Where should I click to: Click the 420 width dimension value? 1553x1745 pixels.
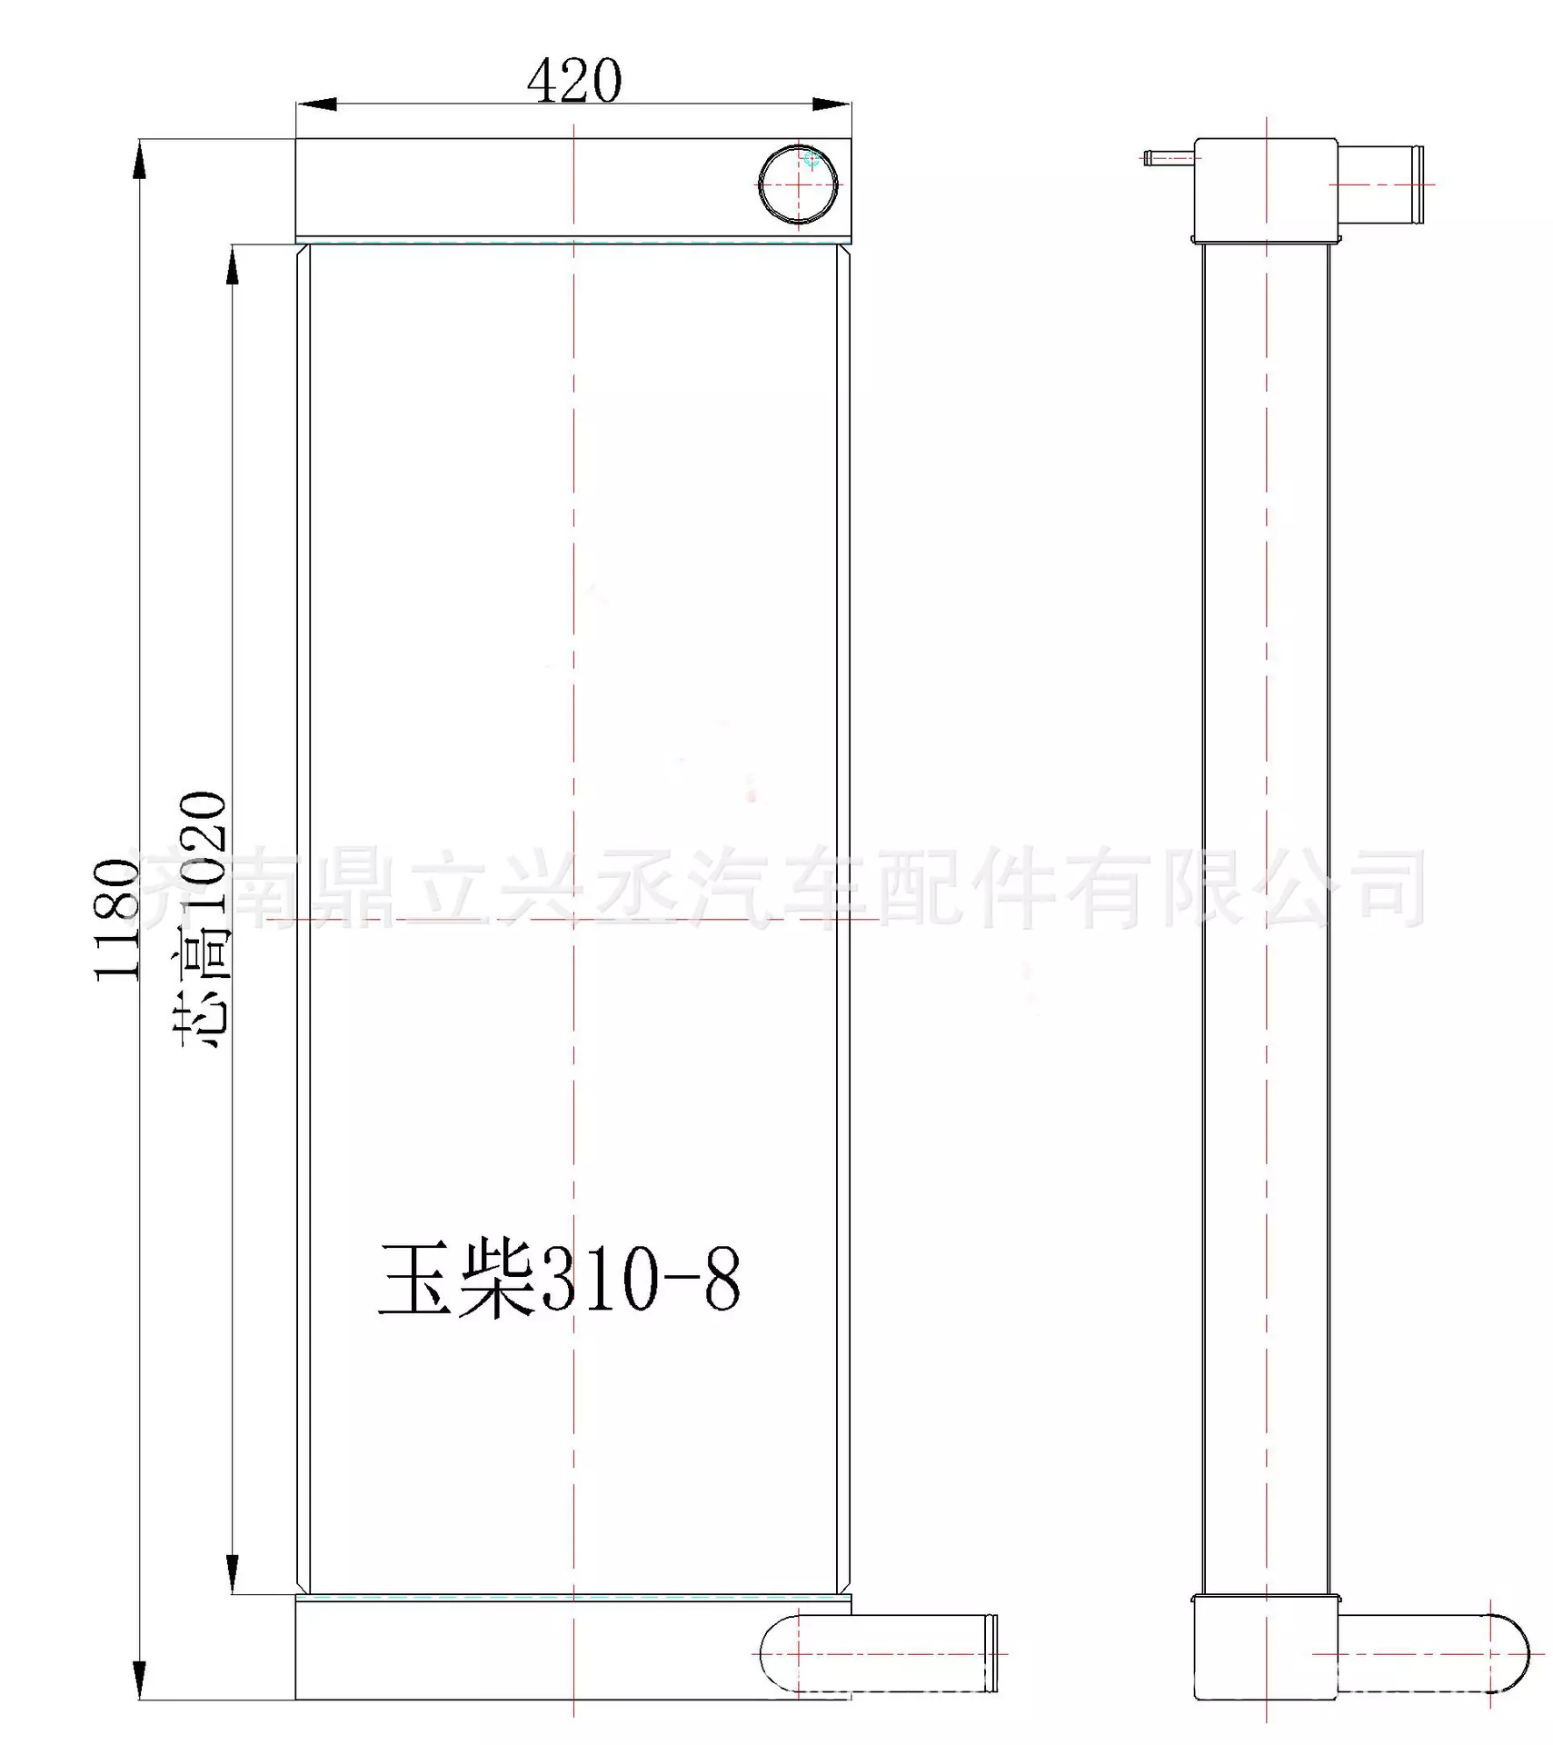click(x=573, y=82)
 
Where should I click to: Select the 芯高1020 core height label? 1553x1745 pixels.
click(x=202, y=920)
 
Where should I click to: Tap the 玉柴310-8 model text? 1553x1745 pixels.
click(x=559, y=1281)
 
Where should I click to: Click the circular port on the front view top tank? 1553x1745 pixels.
click(x=797, y=184)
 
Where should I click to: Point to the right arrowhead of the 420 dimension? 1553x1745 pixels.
click(x=831, y=105)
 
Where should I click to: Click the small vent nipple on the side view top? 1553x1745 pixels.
click(x=1168, y=158)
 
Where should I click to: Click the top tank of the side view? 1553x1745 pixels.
click(x=1265, y=188)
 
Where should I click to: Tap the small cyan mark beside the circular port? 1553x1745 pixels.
click(x=811, y=160)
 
